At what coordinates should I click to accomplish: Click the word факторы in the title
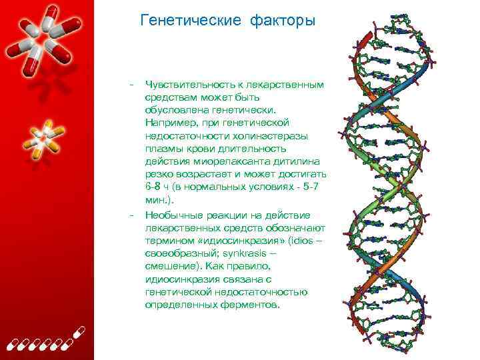pyautogui.click(x=283, y=21)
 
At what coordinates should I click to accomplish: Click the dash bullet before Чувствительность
pyautogui.click(x=133, y=85)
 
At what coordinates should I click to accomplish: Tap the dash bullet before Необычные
pyautogui.click(x=133, y=215)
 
